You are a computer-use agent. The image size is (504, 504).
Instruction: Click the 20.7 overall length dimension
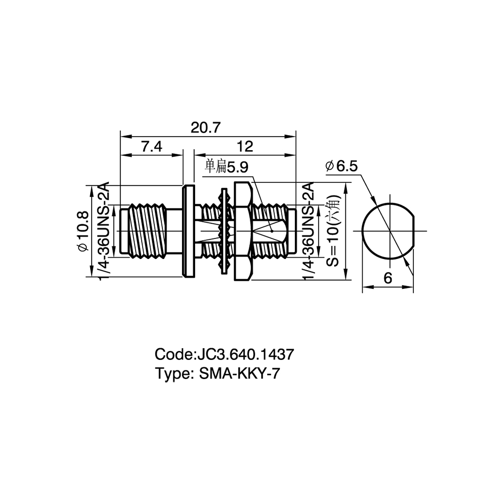[206, 128]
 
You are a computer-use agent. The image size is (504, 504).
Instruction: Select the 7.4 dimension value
[152, 147]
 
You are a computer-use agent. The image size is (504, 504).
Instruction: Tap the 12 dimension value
[245, 147]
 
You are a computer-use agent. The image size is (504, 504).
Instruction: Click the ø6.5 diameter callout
[341, 166]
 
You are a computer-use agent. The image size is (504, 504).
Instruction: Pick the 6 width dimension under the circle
[388, 278]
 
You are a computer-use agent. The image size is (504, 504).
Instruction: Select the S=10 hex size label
[334, 230]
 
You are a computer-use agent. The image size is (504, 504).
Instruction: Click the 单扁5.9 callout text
[227, 167]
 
